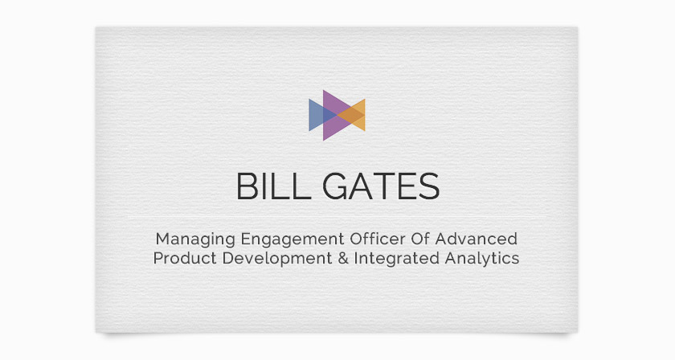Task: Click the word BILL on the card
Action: (274, 186)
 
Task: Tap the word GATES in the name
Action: (381, 186)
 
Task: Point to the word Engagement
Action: (292, 239)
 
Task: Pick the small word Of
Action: (420, 239)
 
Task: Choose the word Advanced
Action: (476, 239)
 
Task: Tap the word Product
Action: (185, 258)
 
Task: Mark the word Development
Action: (277, 259)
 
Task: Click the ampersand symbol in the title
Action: (342, 259)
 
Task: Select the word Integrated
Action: (396, 259)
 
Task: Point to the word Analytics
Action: (481, 259)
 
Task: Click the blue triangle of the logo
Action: (318, 115)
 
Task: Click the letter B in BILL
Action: (247, 186)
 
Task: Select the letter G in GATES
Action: (335, 186)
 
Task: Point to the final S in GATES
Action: (429, 186)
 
